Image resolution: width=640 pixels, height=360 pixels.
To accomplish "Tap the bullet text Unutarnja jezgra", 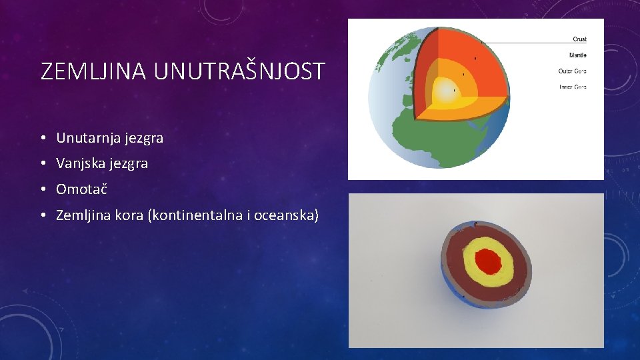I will [x=109, y=139].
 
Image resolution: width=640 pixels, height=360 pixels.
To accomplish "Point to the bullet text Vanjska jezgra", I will [x=102, y=163].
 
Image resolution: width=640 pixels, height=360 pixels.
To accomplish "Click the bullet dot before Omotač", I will [x=42, y=190].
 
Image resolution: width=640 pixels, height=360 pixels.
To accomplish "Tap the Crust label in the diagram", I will [x=579, y=39].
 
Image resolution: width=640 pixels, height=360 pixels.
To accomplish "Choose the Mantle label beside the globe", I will [x=577, y=55].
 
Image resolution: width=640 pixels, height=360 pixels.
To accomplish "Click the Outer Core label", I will [x=572, y=71].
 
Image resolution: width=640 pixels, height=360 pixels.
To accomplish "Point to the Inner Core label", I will [x=572, y=87].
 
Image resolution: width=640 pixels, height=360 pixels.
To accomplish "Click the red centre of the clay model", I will [x=489, y=262].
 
